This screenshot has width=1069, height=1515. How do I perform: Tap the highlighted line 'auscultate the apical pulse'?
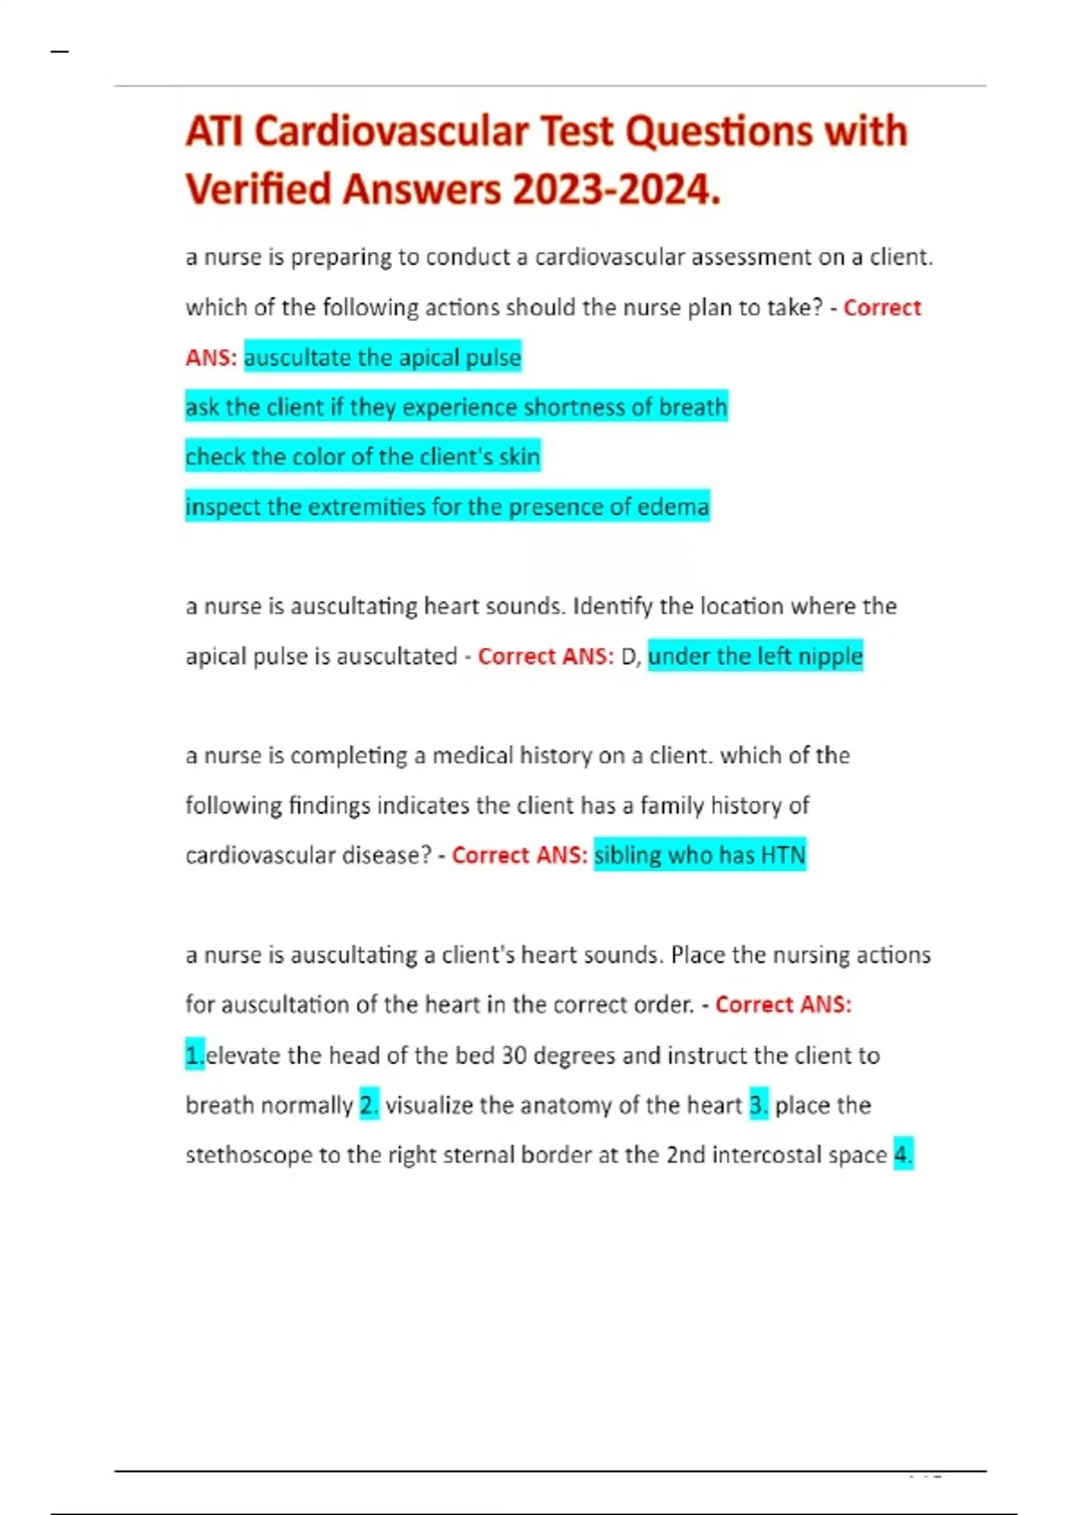[382, 357]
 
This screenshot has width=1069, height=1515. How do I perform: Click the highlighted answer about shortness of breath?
[456, 407]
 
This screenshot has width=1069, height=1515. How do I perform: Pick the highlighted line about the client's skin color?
[363, 457]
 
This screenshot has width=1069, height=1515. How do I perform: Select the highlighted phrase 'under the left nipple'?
[755, 657]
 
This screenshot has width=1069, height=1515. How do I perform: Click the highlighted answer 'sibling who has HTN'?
[699, 856]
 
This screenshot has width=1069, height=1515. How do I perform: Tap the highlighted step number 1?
[194, 1056]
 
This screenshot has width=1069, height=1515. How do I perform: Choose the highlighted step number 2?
[369, 1106]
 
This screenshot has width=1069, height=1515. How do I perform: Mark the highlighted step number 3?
[758, 1106]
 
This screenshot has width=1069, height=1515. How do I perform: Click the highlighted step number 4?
[902, 1156]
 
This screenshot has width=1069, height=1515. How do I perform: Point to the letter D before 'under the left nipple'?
[629, 657]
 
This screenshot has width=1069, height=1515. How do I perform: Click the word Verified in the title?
[257, 190]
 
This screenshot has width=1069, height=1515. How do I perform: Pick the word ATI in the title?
[214, 132]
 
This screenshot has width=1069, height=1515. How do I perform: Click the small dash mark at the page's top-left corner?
[60, 52]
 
